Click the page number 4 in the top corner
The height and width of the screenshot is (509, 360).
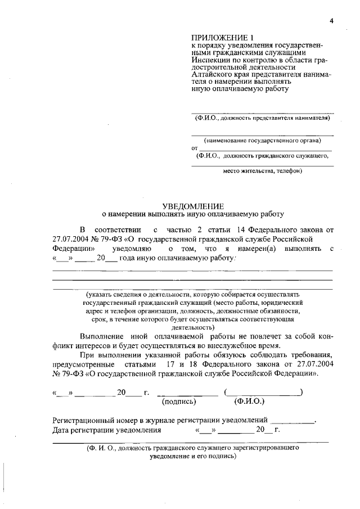pos(332,21)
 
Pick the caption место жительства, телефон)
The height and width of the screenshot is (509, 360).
pos(263,171)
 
